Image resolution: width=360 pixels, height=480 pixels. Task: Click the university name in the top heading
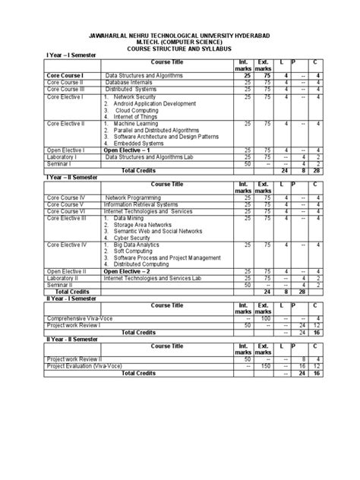[180, 34]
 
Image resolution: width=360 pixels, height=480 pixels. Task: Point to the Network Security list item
[139, 96]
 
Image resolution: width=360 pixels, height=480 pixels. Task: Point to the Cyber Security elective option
[134, 237]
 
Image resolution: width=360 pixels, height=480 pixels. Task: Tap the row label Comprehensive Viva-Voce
[81, 318]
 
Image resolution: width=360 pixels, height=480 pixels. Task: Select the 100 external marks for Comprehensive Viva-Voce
[264, 318]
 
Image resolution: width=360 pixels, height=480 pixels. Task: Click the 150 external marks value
[264, 366]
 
